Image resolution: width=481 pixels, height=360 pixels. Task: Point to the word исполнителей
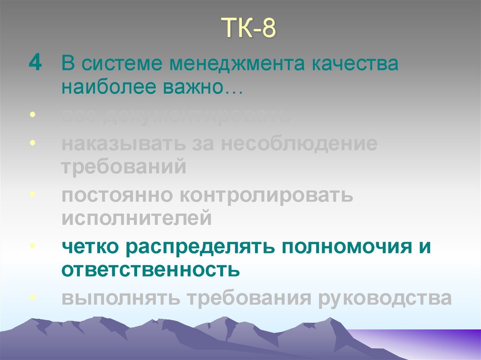[136, 218]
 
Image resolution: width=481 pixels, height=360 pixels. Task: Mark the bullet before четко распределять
[31, 246]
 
